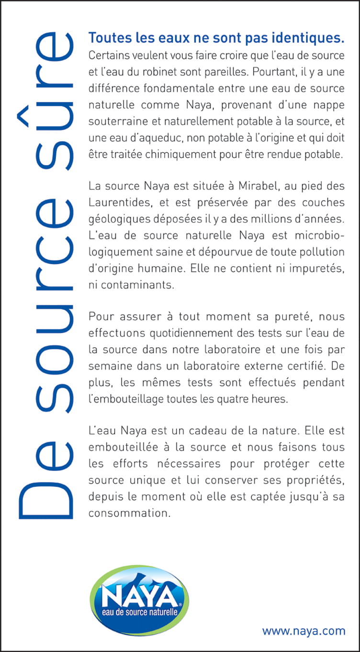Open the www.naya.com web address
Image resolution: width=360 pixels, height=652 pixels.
tap(304, 631)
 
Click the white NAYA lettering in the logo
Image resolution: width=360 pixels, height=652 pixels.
tap(139, 596)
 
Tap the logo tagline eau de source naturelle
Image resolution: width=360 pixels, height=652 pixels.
tap(139, 612)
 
